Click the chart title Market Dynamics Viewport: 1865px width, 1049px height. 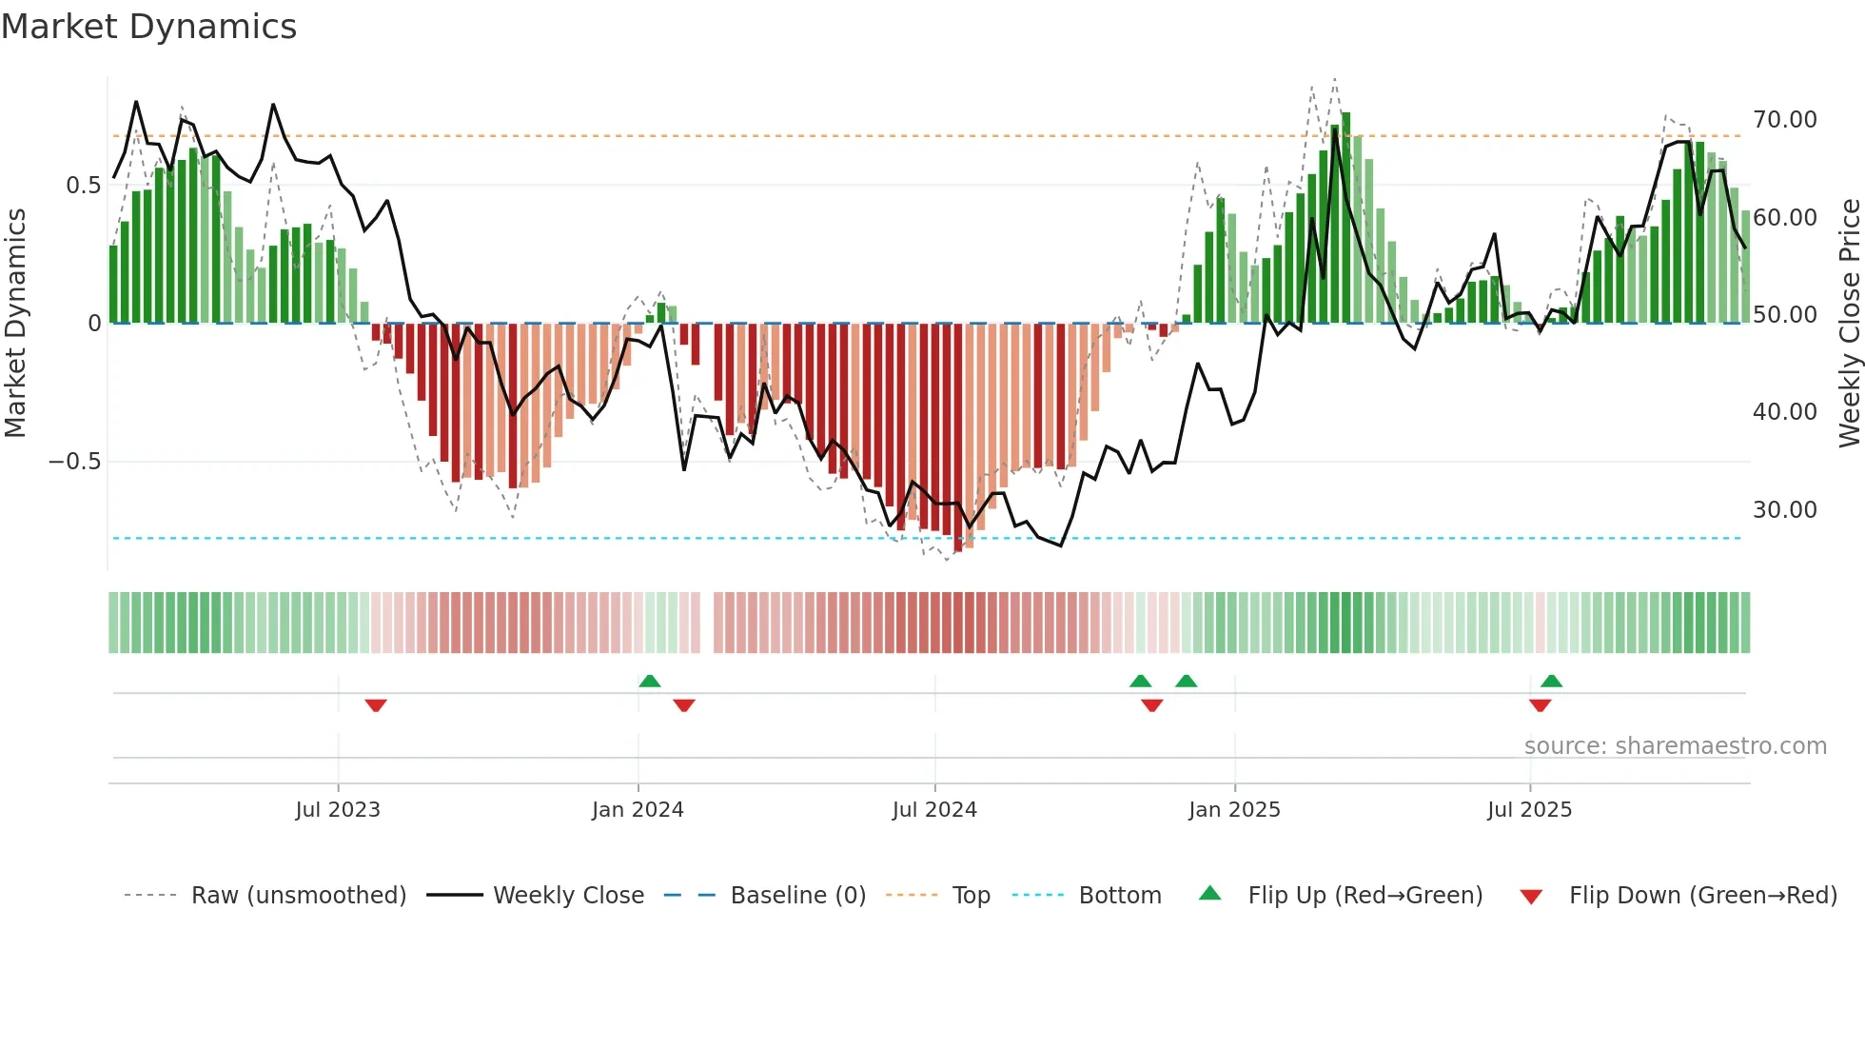pyautogui.click(x=148, y=27)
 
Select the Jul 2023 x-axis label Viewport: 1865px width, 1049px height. pyautogui.click(x=337, y=810)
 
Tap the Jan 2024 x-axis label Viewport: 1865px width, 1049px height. pyautogui.click(x=638, y=810)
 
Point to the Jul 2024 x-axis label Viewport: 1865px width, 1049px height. pyautogui.click(x=934, y=810)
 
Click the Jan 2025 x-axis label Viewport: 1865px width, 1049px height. pyautogui.click(x=1234, y=810)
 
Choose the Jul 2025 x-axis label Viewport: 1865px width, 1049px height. pyautogui.click(x=1529, y=810)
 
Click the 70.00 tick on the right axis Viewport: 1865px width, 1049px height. pyautogui.click(x=1784, y=120)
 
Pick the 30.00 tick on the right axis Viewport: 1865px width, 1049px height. pyautogui.click(x=1784, y=510)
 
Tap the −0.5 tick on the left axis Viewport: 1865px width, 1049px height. pyautogui.click(x=74, y=462)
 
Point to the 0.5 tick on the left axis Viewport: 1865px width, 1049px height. pyautogui.click(x=83, y=186)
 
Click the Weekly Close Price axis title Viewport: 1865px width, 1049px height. pyautogui.click(x=1849, y=324)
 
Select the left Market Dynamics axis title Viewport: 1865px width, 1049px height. pyautogui.click(x=15, y=324)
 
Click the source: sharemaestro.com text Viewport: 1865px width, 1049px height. pyautogui.click(x=1675, y=746)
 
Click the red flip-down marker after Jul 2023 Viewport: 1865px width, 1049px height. pyautogui.click(x=376, y=705)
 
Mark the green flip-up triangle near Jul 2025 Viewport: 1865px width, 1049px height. pyautogui.click(x=1551, y=681)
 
